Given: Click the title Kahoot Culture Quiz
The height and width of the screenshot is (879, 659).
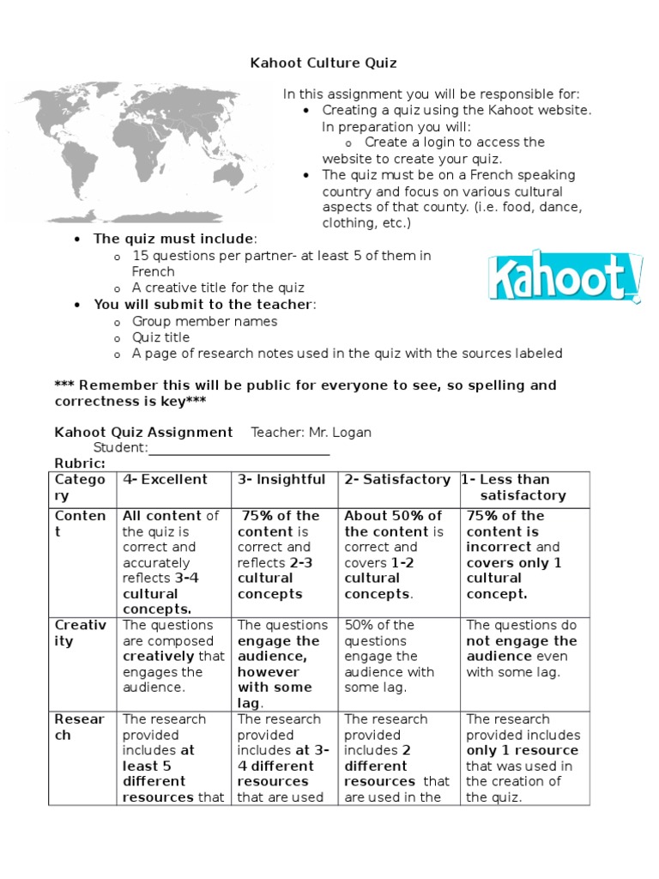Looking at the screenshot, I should [323, 63].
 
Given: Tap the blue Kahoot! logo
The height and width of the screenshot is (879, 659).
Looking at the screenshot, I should [565, 277].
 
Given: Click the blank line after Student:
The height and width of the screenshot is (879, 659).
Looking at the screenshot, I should [239, 448].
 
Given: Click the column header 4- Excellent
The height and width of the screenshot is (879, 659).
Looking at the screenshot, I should [165, 480].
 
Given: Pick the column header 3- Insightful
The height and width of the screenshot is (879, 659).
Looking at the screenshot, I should [281, 480].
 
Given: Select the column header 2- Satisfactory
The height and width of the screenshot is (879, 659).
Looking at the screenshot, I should [397, 480].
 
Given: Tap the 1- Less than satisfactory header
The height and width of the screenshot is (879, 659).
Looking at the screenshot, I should [515, 488].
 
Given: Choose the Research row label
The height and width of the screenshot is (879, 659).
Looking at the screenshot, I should [81, 727].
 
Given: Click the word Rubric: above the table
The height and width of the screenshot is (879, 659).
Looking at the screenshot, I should [80, 464].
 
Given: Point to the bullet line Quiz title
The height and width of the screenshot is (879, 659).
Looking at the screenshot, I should [160, 337].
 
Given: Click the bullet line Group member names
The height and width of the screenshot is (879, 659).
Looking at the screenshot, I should [204, 321].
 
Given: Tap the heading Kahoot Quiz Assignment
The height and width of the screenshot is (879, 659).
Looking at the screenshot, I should [143, 432].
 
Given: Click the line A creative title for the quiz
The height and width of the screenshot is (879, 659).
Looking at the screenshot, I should [218, 288].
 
